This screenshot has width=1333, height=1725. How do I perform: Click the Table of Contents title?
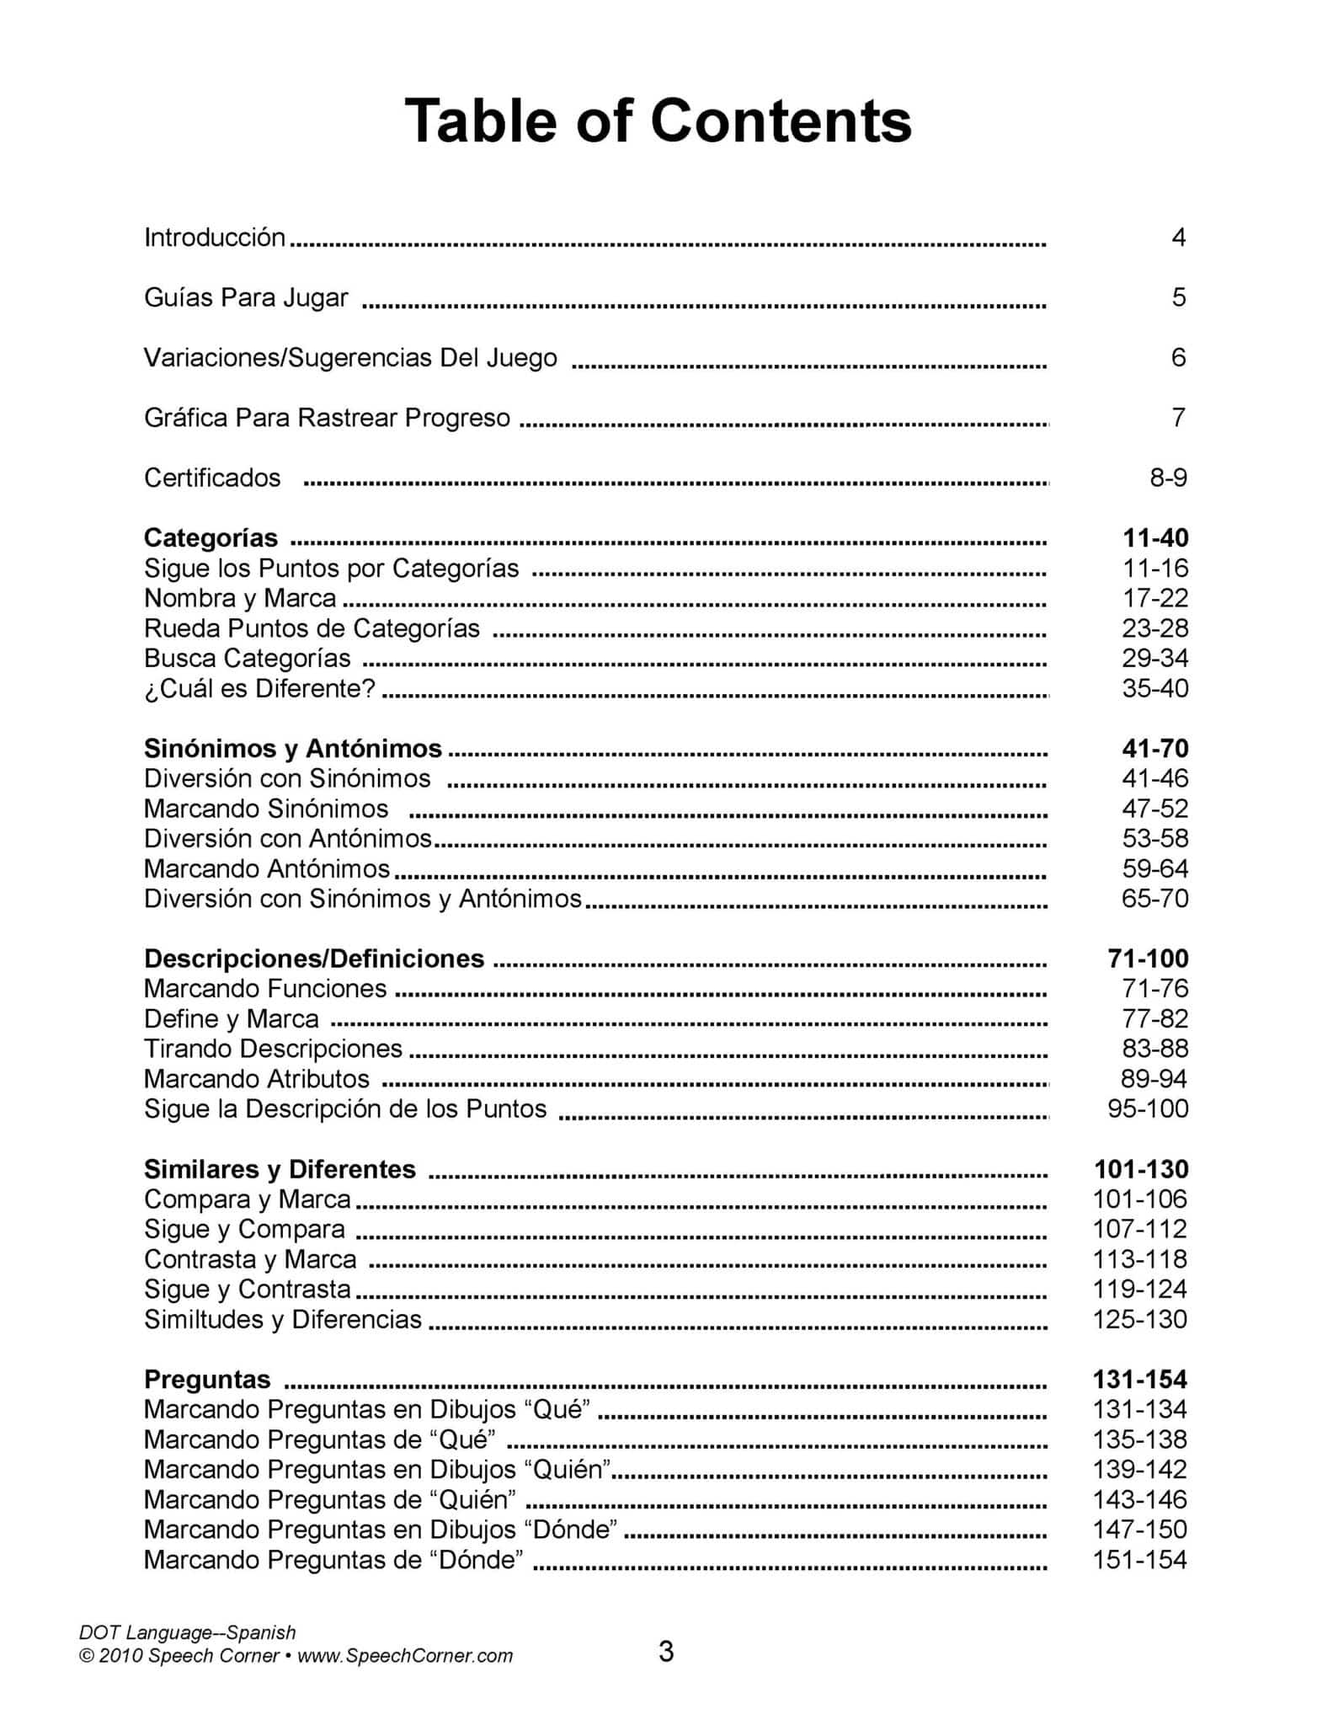(x=658, y=121)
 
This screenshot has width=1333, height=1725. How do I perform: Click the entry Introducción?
(x=215, y=238)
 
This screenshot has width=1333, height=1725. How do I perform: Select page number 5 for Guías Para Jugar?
(x=1178, y=297)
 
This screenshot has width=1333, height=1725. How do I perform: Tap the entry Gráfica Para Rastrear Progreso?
(x=327, y=418)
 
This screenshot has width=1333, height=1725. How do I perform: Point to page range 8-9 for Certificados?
(x=1168, y=478)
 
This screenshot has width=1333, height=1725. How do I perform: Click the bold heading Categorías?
(x=211, y=537)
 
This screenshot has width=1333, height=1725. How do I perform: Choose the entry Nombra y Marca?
(x=240, y=598)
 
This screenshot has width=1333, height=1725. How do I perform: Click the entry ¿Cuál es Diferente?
(x=259, y=688)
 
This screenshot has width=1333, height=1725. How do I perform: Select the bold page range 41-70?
(x=1154, y=748)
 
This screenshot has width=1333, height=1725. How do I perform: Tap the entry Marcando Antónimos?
(x=267, y=868)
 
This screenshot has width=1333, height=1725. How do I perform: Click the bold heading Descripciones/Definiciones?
(x=314, y=959)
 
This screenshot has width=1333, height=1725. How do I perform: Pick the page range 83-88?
(x=1154, y=1049)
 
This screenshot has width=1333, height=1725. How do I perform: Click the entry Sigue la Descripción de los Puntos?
(x=345, y=1108)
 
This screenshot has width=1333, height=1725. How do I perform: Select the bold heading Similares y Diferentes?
(x=280, y=1169)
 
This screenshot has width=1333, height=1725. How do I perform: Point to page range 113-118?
(x=1139, y=1259)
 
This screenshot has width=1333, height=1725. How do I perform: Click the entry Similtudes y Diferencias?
(x=283, y=1319)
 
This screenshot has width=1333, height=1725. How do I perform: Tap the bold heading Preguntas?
(x=207, y=1379)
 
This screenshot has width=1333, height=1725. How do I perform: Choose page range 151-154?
(x=1139, y=1560)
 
